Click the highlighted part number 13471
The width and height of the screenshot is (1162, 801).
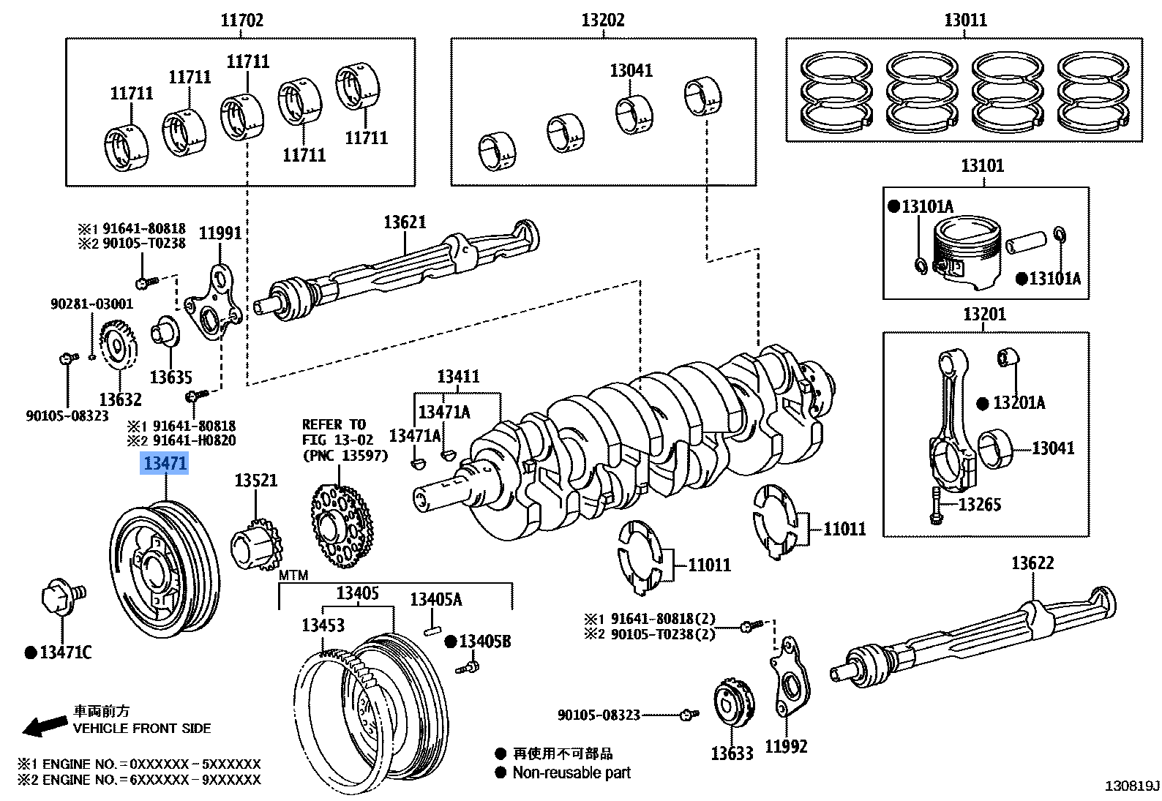[x=165, y=463]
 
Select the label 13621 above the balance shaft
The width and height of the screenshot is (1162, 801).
[x=405, y=222]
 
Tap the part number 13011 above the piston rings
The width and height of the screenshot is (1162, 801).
[x=965, y=20]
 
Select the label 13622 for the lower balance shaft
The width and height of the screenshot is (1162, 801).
[x=1032, y=563]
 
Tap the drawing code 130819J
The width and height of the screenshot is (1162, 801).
[x=1132, y=786]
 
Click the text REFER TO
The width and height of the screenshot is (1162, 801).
[x=334, y=424]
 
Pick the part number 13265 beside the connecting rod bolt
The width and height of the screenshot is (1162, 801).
[x=979, y=504]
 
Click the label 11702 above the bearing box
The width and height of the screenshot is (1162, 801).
[x=241, y=20]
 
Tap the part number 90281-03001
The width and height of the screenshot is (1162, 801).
[x=91, y=304]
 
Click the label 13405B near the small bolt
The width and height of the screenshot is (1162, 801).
[x=484, y=642]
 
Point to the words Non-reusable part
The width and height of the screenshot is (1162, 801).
[x=571, y=772]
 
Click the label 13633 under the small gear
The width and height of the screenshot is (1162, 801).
[x=732, y=753]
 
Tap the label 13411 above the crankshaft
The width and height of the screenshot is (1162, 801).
[x=458, y=376]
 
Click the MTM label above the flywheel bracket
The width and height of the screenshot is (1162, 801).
[x=293, y=576]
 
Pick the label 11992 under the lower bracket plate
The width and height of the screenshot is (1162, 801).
[x=786, y=746]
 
